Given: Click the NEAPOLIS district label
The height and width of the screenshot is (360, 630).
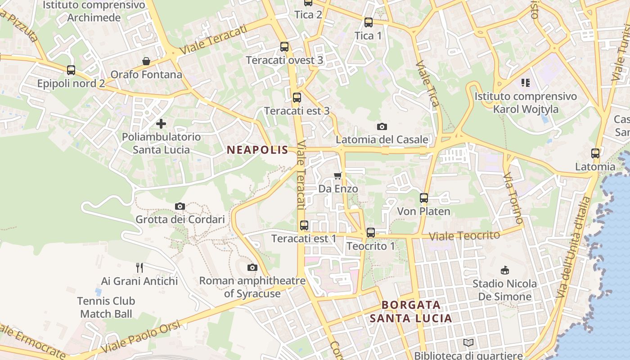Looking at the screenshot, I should (x=257, y=150).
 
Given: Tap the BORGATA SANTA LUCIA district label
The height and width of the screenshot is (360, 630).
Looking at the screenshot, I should (x=410, y=311).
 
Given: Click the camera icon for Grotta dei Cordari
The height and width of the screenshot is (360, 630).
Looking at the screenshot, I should (x=180, y=206).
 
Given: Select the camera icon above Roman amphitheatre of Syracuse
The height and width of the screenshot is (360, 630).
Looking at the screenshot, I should (x=252, y=267).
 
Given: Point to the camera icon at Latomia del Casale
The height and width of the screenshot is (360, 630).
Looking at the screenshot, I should (x=382, y=126).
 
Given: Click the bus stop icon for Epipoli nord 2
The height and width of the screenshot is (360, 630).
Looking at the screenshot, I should (x=71, y=70).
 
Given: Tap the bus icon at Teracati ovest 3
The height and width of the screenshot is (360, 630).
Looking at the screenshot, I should (x=284, y=46).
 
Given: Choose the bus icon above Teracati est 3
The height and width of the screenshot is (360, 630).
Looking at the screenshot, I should (x=297, y=97).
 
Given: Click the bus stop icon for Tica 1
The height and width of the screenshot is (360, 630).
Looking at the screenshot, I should (x=369, y=22).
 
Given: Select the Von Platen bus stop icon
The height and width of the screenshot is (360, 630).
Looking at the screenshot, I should (x=423, y=198).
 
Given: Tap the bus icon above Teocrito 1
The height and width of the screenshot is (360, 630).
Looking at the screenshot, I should (x=370, y=232).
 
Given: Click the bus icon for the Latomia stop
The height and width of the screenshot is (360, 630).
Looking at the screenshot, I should (x=595, y=153).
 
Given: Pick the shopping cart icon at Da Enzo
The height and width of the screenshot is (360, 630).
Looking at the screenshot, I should (x=338, y=175).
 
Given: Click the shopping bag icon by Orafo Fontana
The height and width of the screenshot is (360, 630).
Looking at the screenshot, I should (x=146, y=61).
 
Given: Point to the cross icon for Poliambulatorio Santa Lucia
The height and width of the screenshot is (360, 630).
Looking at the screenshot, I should (x=161, y=123).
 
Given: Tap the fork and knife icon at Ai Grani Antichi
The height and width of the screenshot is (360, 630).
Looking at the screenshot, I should (x=139, y=268).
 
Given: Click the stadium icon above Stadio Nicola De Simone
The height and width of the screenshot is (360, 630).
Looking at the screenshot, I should (x=505, y=270).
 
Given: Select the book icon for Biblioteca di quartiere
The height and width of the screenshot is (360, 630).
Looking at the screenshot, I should (x=468, y=343).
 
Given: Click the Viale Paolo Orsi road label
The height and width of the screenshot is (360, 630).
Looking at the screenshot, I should (x=141, y=336).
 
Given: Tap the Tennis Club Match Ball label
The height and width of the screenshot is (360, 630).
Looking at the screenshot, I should (x=106, y=307).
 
